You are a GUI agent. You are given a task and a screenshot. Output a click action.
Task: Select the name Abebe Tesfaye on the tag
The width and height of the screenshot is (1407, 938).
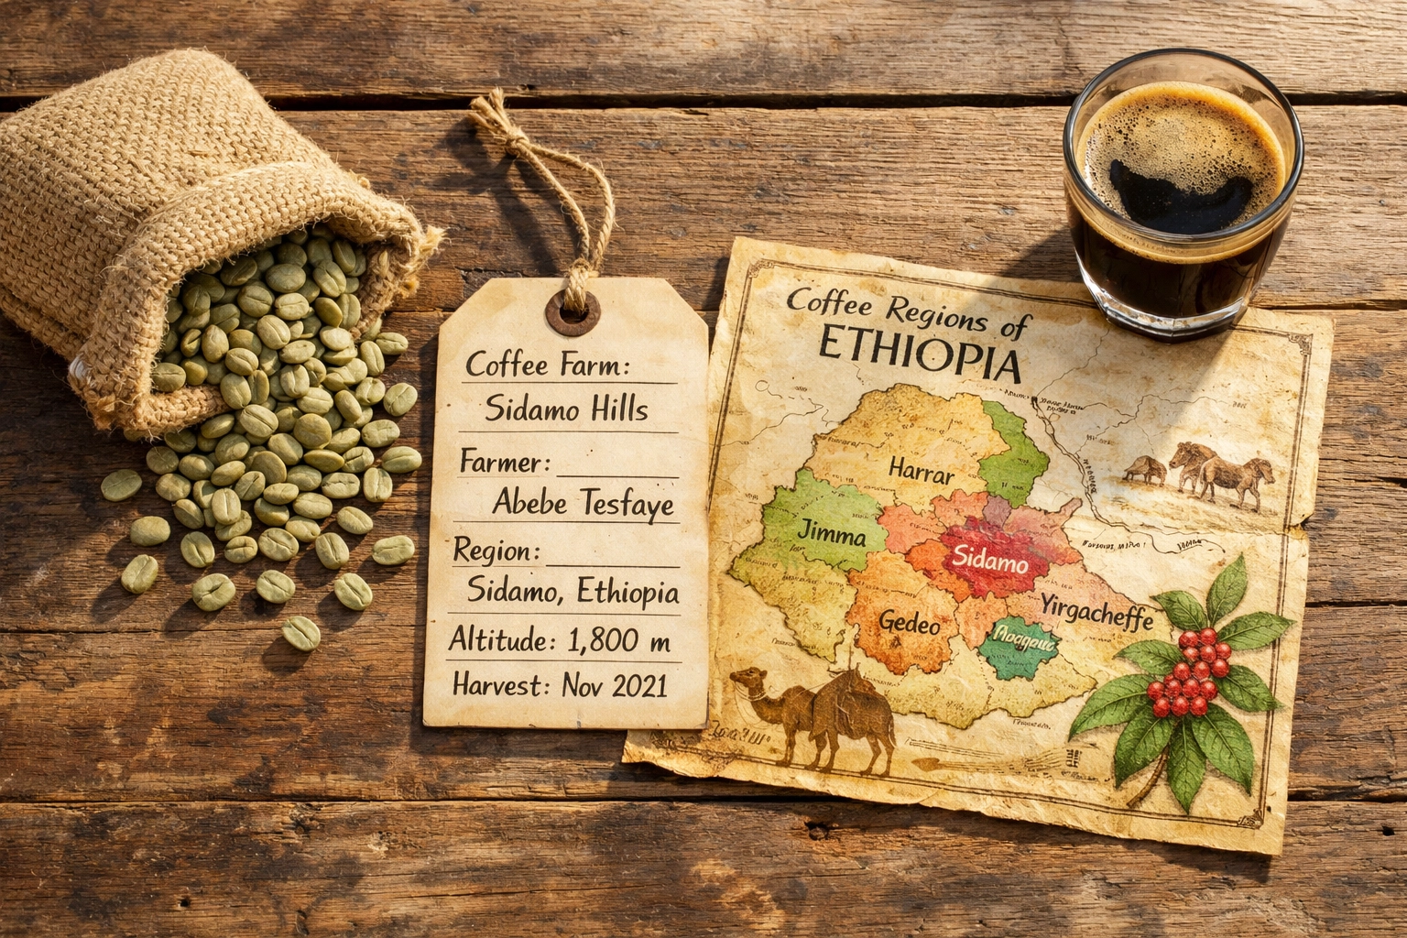point(583,502)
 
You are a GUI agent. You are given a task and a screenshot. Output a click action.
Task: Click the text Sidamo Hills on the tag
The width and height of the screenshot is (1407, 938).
point(565,409)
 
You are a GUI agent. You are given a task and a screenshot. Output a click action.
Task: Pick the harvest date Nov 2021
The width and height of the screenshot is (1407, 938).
point(615,685)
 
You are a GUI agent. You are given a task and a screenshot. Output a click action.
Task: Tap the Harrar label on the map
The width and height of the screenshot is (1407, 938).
point(921,474)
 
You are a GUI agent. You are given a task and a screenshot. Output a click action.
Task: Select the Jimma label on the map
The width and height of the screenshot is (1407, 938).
point(832,531)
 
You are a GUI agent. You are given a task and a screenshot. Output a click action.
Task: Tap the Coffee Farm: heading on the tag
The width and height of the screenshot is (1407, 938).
point(548,365)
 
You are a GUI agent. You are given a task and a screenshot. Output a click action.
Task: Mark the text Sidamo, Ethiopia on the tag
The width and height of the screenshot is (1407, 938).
point(573,593)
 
